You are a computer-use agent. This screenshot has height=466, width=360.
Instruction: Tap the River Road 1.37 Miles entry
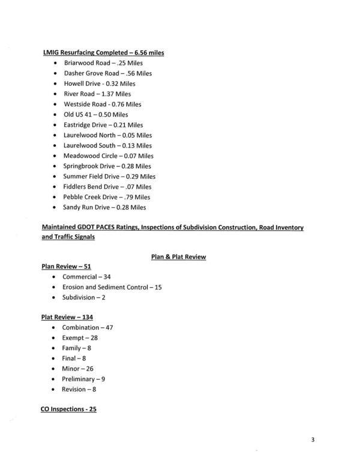click(x=97, y=94)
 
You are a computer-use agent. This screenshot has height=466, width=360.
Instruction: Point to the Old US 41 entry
click(x=95, y=114)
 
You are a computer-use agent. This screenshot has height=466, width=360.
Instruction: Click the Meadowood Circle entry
click(x=108, y=156)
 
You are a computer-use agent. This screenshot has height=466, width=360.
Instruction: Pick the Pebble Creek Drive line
click(x=106, y=197)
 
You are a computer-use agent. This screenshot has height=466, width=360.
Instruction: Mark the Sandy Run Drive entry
click(x=104, y=207)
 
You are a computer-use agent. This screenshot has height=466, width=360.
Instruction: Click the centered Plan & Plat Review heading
click(x=178, y=256)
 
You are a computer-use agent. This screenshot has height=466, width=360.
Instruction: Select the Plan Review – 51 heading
click(x=66, y=266)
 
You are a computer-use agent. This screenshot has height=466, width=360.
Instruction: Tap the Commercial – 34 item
click(x=86, y=277)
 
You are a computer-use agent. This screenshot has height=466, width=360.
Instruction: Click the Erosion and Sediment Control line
click(x=112, y=287)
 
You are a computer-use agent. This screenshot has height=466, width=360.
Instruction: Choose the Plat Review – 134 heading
click(x=67, y=316)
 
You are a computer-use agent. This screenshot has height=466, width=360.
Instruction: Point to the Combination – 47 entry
click(x=88, y=327)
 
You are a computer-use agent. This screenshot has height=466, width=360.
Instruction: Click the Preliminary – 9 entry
click(x=83, y=379)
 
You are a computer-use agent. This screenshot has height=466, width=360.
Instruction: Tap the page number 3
click(x=313, y=440)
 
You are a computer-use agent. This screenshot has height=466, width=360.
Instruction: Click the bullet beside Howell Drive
click(x=55, y=83)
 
